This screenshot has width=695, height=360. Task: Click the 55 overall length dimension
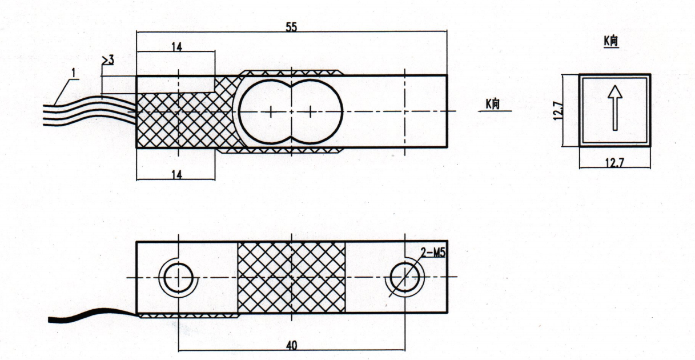pyautogui.click(x=291, y=27)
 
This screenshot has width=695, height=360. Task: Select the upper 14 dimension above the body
pyautogui.click(x=177, y=47)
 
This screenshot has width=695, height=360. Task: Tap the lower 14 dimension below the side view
pyautogui.click(x=177, y=175)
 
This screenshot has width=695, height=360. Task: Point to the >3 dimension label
pyautogui.click(x=108, y=59)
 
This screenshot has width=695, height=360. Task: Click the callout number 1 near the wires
pyautogui.click(x=74, y=73)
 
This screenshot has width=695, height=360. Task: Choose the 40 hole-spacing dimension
pyautogui.click(x=291, y=345)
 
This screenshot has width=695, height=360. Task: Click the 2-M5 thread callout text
pyautogui.click(x=433, y=253)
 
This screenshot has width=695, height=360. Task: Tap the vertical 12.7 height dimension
pyautogui.click(x=557, y=111)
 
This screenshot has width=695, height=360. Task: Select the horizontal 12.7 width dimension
pyautogui.click(x=615, y=162)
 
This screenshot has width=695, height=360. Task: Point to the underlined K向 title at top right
pyautogui.click(x=611, y=41)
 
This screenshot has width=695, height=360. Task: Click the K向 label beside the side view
pyautogui.click(x=493, y=103)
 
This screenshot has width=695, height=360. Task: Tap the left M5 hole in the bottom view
pyautogui.click(x=178, y=278)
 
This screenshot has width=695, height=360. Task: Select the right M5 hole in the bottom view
pyautogui.click(x=404, y=277)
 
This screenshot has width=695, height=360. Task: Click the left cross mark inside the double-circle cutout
pyautogui.click(x=271, y=111)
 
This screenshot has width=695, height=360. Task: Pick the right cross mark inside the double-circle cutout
pyautogui.click(x=311, y=111)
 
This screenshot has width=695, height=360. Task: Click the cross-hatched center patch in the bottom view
pyautogui.click(x=292, y=277)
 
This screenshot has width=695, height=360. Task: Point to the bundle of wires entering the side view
pyautogui.click(x=90, y=110)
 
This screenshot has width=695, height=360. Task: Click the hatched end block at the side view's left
pyautogui.click(x=186, y=119)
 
